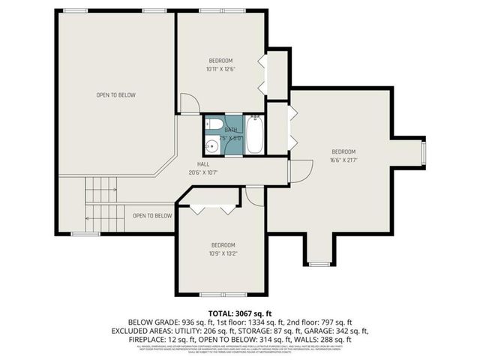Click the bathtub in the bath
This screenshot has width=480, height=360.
(255, 136)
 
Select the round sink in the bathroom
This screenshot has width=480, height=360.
(212, 145)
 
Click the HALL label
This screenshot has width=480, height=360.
(203, 163)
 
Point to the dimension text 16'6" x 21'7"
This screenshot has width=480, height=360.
(343, 159)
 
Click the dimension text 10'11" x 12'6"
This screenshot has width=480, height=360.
(220, 69)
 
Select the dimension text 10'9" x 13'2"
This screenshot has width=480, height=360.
(223, 253)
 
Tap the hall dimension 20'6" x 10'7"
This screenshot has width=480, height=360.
(203, 172)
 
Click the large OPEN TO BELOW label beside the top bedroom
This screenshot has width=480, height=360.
(115, 95)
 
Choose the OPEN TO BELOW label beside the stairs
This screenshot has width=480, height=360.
(152, 216)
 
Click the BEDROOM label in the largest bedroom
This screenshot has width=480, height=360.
(343, 151)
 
